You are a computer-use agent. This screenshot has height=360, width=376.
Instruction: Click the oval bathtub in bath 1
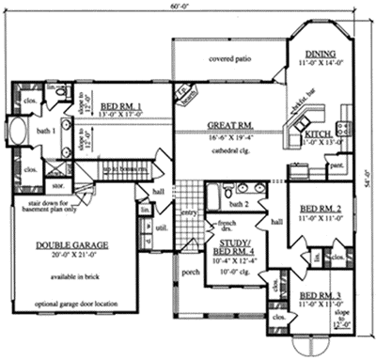pyautogui.click(x=20, y=130)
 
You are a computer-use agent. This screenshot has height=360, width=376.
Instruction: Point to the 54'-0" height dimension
pyautogui.click(x=368, y=179)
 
